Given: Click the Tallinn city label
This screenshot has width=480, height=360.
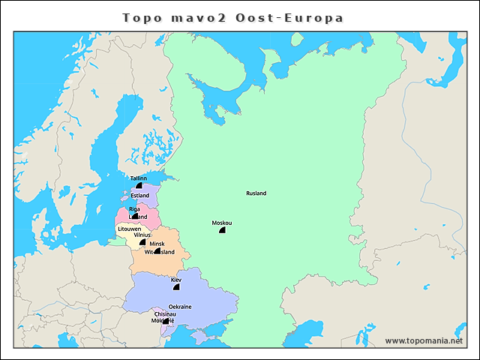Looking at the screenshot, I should coord(139,178).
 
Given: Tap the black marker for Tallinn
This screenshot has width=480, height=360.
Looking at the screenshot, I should coord(139,186).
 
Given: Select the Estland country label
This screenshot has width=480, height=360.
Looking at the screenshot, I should coord(140,196).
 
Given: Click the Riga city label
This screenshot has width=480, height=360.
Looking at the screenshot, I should coord(134,208).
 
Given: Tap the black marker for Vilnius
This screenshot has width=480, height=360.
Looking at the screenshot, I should coord(142,242).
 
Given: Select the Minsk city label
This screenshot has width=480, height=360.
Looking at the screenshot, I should coord(157,244).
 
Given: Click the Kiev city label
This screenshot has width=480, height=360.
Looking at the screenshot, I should coord(176,280).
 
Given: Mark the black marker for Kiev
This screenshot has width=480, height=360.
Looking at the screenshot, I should coord(176,286).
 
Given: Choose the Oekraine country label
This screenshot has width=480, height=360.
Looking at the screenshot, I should coord(180,307).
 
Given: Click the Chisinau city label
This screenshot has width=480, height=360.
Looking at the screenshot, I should coord(165,314).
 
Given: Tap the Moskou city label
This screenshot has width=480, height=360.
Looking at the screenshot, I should coord(222,223).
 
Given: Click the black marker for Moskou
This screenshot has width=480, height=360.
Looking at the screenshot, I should coord(222,230).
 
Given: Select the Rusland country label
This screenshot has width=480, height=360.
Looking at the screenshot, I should coord(256,193).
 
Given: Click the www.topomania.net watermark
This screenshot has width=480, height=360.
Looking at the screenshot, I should coord(424,340).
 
